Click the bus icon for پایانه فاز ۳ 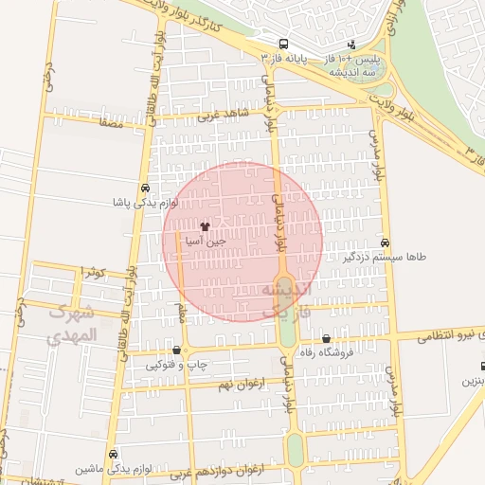(x=283, y=45)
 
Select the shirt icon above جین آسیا (x=206, y=226)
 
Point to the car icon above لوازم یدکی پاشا (x=145, y=188)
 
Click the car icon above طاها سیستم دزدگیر (x=385, y=242)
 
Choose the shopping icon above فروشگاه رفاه (x=327, y=339)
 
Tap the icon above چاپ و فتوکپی (x=176, y=350)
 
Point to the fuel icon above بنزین (x=482, y=366)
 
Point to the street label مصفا (x=111, y=123)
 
